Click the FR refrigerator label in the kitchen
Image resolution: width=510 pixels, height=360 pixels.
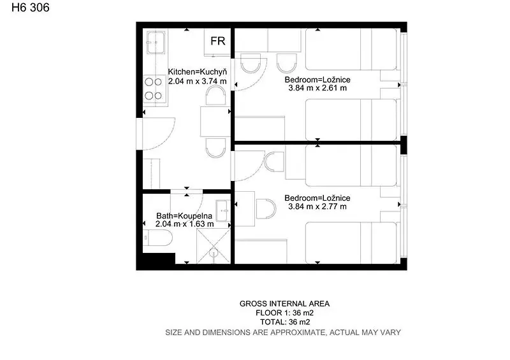[217, 41]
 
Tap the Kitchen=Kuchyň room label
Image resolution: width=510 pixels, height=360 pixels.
[197, 71]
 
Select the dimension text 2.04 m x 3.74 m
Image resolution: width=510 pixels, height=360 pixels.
[197, 82]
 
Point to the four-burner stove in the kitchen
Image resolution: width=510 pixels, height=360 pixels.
[154, 89]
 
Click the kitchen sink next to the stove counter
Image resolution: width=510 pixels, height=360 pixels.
[156, 42]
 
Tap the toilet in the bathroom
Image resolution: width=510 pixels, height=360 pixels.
[157, 238]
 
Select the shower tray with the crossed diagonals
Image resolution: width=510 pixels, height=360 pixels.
[214, 246]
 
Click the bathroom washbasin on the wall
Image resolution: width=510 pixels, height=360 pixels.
[223, 211]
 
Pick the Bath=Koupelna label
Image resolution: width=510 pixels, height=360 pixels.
[184, 215]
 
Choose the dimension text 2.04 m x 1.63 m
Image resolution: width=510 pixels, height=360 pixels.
[184, 224]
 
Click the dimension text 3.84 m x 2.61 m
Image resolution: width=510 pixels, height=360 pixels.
[317, 88]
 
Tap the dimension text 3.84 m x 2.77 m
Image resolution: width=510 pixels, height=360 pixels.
[317, 206]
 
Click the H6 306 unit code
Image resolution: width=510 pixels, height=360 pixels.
[31, 8]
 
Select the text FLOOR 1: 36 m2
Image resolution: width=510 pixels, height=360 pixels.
[284, 313]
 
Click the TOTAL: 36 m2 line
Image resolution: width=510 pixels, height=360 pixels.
[285, 322]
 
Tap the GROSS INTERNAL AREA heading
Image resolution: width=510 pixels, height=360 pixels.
[284, 304]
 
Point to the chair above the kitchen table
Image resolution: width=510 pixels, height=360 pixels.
[215, 96]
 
